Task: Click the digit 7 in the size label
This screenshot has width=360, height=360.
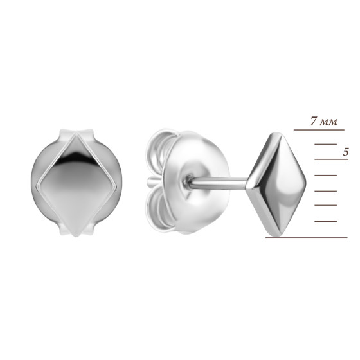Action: point(314,121)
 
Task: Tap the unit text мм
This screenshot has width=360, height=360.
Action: point(328,122)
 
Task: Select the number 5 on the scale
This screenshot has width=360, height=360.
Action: point(346,152)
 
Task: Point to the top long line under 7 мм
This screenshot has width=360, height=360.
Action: point(319,130)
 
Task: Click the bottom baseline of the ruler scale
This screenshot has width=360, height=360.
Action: point(307,237)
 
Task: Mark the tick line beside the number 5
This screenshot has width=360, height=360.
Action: point(331,159)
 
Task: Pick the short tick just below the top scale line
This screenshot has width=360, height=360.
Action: point(325,144)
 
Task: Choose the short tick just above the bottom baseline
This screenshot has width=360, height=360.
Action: point(325,221)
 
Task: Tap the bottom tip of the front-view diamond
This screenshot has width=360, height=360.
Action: point(76,237)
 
